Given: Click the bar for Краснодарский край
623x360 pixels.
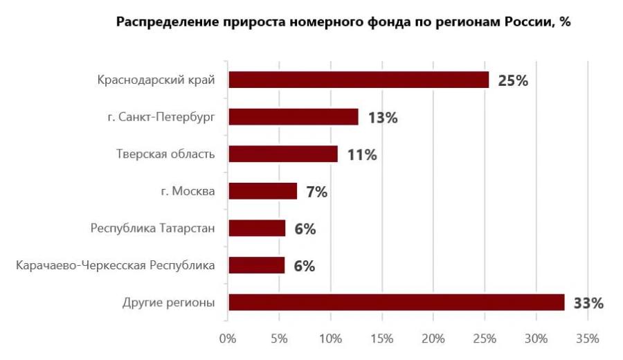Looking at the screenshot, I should pyautogui.click(x=358, y=80).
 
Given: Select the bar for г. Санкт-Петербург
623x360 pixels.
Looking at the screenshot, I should pyautogui.click(x=293, y=117).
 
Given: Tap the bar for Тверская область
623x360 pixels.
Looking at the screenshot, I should pyautogui.click(x=282, y=154).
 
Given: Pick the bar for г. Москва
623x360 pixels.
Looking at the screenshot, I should pyautogui.click(x=262, y=191).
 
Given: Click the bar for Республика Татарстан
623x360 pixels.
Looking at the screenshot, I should pyautogui.click(x=256, y=228).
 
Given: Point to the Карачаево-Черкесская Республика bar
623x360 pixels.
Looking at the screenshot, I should pyautogui.click(x=256, y=265).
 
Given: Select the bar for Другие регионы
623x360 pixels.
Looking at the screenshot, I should pyautogui.click(x=396, y=303).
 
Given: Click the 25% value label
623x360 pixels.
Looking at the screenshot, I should pyautogui.click(x=513, y=80).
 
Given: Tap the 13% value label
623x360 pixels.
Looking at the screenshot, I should pyautogui.click(x=382, y=118).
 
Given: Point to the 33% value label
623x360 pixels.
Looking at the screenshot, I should pyautogui.click(x=588, y=303).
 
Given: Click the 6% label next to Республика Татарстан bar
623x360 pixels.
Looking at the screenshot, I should pyautogui.click(x=305, y=229).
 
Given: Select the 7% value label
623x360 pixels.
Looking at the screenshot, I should pyautogui.click(x=316, y=192).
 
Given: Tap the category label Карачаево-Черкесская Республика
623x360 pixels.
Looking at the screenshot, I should pyautogui.click(x=115, y=265).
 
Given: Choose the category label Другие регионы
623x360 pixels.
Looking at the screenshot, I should pyautogui.click(x=168, y=303).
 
